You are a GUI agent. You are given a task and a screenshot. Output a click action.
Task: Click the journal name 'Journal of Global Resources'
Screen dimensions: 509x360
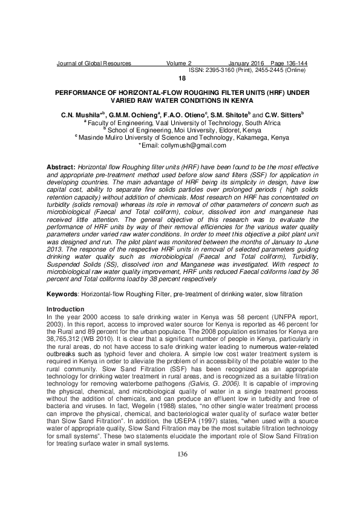coord(93,63)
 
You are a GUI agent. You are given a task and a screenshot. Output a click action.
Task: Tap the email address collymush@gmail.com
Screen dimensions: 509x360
coord(183,145)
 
